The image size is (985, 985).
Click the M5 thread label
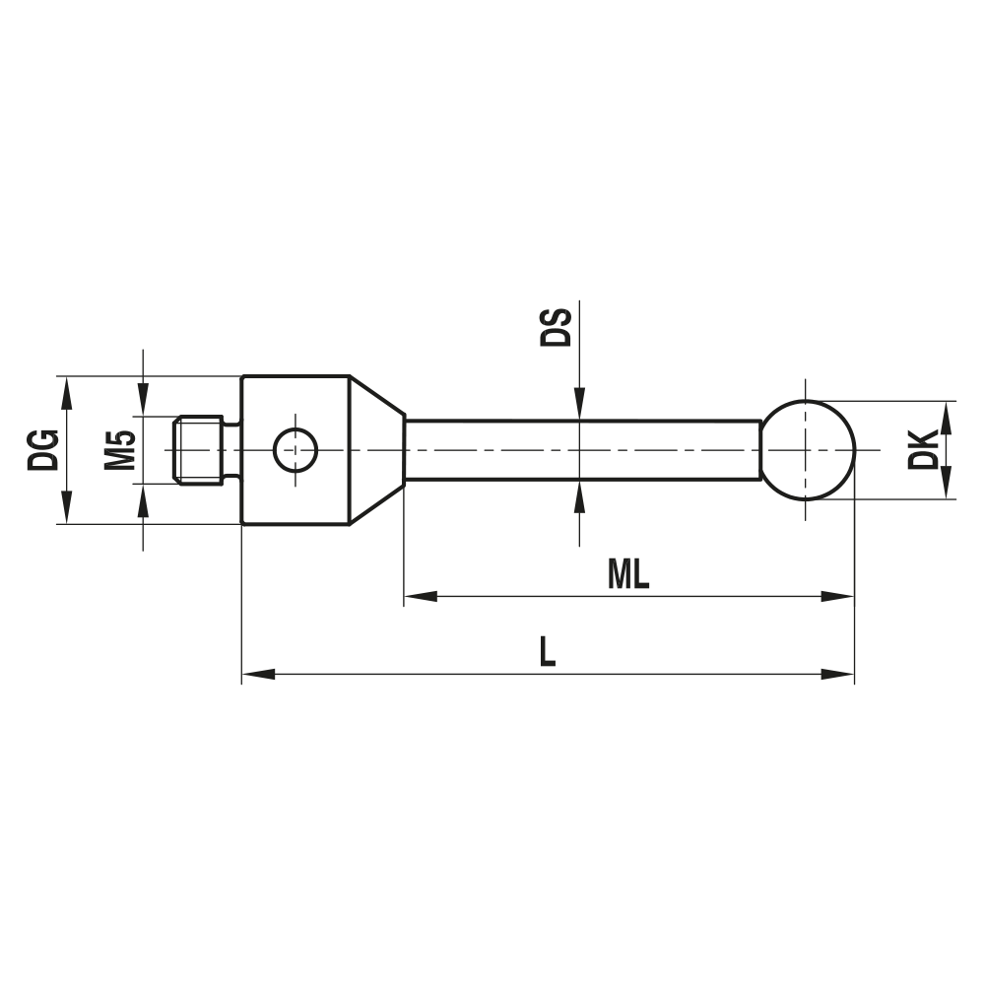119,449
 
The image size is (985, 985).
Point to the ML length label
628,575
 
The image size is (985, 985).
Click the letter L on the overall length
548,653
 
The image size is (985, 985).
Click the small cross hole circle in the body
295,450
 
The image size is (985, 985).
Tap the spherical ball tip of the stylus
808,449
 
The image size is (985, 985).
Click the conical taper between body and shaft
376,450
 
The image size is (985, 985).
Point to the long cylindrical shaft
581,450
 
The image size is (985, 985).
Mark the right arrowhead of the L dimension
839,675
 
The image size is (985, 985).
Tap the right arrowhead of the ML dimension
839,596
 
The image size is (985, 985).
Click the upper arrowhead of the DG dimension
66,390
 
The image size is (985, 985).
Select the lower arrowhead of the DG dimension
66,510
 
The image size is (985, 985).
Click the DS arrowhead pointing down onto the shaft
579,406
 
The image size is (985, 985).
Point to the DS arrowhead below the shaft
579,494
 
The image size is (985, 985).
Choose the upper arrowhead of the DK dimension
947,415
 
